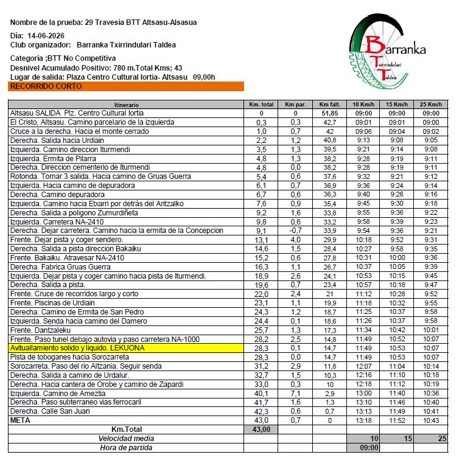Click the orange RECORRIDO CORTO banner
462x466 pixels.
click(x=126, y=86)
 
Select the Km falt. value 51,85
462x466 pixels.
click(x=329, y=113)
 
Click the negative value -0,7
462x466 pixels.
click(x=295, y=231)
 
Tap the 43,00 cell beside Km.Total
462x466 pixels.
click(x=261, y=429)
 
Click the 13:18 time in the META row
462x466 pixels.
click(x=363, y=420)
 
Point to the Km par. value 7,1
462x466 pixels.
click(x=295, y=393)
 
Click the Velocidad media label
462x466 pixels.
click(x=126, y=439)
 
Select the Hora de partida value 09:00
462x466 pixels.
click(x=363, y=448)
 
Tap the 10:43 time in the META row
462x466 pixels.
click(x=430, y=420)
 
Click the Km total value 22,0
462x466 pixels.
click(x=261, y=294)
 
